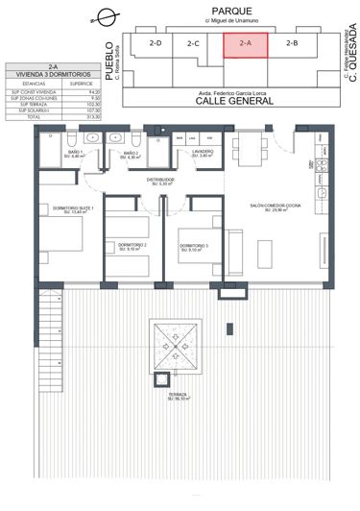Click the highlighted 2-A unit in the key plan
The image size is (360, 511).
245,44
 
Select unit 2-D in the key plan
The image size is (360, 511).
155,43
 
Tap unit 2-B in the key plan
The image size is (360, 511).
292,44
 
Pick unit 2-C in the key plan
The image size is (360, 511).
193,43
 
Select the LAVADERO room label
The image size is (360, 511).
201,152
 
